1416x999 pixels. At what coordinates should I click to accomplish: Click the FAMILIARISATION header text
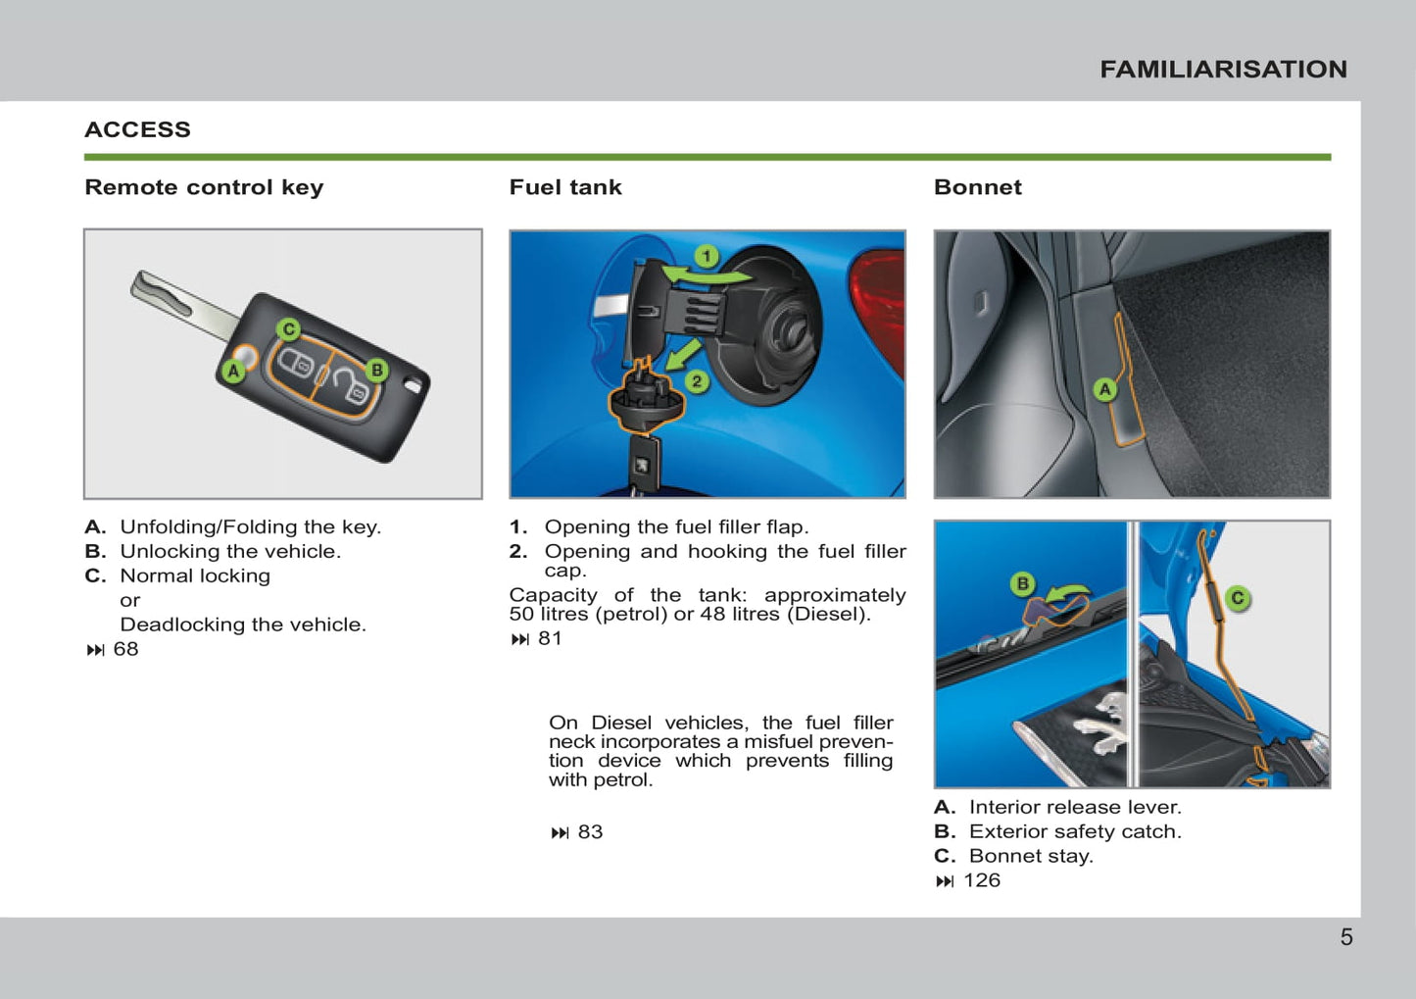click(x=1224, y=70)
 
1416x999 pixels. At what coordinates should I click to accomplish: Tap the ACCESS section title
click(x=138, y=129)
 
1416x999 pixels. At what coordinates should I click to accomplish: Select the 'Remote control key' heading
click(x=204, y=187)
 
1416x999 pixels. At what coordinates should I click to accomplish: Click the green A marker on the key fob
click(x=234, y=372)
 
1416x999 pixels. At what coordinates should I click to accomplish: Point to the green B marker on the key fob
click(x=376, y=370)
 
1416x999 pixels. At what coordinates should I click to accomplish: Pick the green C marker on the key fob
click(x=289, y=329)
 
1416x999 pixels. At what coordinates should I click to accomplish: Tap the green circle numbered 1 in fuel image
click(x=707, y=256)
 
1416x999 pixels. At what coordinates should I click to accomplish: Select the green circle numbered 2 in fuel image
click(x=697, y=381)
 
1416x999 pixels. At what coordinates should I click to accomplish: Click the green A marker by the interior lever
click(x=1105, y=389)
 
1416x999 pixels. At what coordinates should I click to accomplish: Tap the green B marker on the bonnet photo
click(x=1022, y=583)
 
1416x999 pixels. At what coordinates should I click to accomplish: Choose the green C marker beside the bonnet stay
click(x=1238, y=598)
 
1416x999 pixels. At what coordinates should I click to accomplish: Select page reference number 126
click(x=982, y=880)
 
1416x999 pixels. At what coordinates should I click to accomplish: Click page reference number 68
click(x=125, y=649)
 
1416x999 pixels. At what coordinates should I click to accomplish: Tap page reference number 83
click(x=591, y=831)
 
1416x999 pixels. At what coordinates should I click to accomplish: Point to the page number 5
click(x=1346, y=937)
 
